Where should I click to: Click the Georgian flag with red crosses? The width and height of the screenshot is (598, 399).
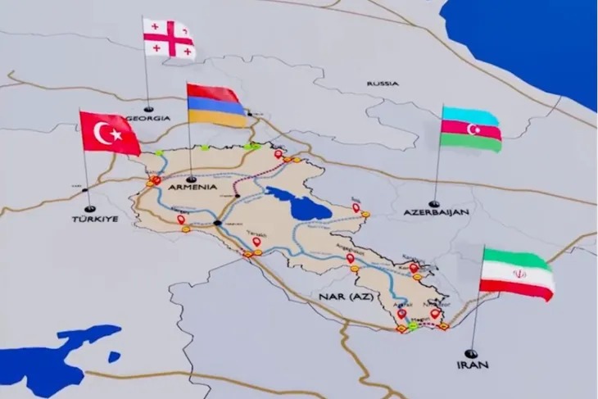[170, 39]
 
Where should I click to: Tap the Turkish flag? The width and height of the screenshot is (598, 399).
[111, 133]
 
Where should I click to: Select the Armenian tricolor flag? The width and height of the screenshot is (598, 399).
[216, 105]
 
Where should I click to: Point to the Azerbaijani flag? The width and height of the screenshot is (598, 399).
[470, 129]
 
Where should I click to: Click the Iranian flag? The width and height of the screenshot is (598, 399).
[516, 274]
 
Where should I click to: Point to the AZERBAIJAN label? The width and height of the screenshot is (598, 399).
[436, 211]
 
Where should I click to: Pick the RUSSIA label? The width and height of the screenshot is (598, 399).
[383, 84]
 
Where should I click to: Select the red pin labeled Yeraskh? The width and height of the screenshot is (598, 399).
[256, 242]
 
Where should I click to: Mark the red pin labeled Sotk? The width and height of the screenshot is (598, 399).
[356, 209]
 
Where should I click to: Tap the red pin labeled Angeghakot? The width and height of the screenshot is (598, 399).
[351, 259]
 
